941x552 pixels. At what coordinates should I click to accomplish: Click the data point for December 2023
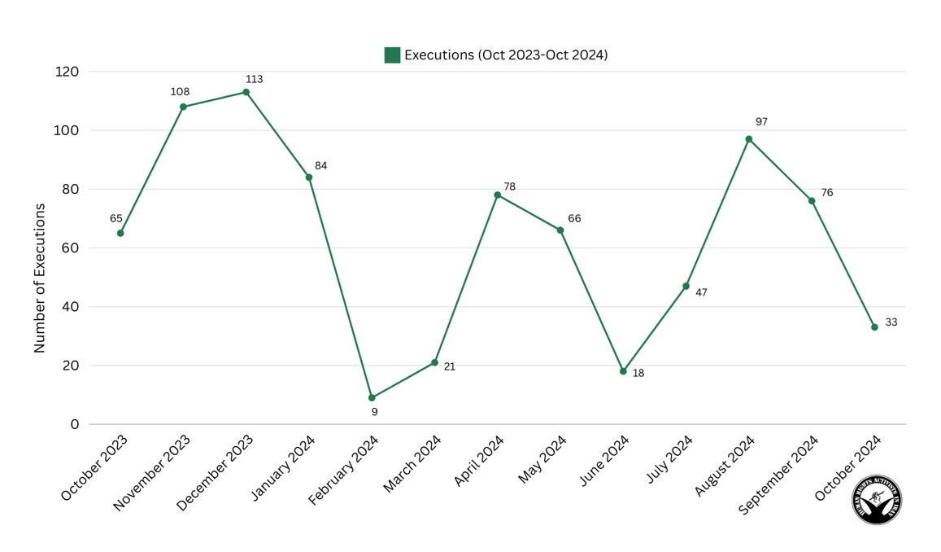[x=246, y=92]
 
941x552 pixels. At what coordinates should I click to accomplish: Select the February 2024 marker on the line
[x=372, y=398]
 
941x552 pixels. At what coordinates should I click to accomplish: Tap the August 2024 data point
[x=749, y=139]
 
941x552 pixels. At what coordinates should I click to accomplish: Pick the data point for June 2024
[x=623, y=371]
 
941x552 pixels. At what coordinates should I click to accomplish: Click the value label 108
[x=180, y=92]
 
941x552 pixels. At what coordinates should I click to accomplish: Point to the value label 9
[x=374, y=412]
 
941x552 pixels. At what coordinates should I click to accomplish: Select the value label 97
[x=761, y=122]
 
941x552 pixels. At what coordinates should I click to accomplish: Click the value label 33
[x=891, y=322]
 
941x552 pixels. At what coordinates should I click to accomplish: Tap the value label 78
[x=509, y=187]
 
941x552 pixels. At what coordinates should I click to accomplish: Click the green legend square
[x=392, y=55]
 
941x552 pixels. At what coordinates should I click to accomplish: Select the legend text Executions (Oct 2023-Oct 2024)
[x=506, y=55]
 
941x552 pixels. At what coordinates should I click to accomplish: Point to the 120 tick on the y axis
[x=68, y=72]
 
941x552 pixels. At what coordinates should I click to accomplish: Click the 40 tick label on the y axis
[x=71, y=307]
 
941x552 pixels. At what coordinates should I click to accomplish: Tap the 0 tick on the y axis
[x=75, y=424]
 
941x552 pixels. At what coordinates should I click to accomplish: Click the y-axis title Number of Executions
[x=40, y=278]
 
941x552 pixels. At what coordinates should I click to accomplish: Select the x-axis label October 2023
[x=94, y=467]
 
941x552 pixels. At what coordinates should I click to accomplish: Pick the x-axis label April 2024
[x=479, y=461]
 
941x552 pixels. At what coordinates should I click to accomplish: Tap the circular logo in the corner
[x=876, y=500]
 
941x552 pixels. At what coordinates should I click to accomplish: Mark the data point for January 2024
[x=309, y=177]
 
